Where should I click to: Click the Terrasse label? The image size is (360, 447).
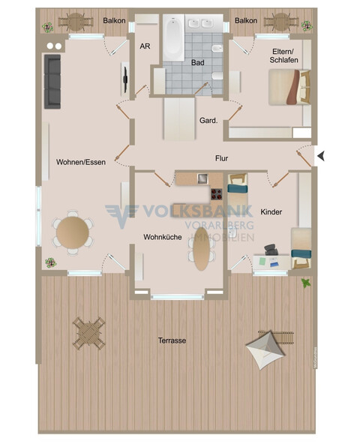pyautogui.click(x=172, y=340)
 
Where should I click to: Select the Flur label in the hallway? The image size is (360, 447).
pyautogui.click(x=221, y=158)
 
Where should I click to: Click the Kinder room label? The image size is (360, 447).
pyautogui.click(x=271, y=212)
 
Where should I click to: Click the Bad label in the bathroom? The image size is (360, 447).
pyautogui.click(x=197, y=63)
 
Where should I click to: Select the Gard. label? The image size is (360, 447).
pyautogui.click(x=208, y=120)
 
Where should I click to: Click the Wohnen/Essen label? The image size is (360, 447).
pyautogui.click(x=80, y=161)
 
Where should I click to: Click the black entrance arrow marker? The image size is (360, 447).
pyautogui.click(x=321, y=156)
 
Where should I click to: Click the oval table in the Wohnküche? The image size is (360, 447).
pyautogui.click(x=201, y=249)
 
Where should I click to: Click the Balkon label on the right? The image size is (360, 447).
pyautogui.click(x=246, y=21)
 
